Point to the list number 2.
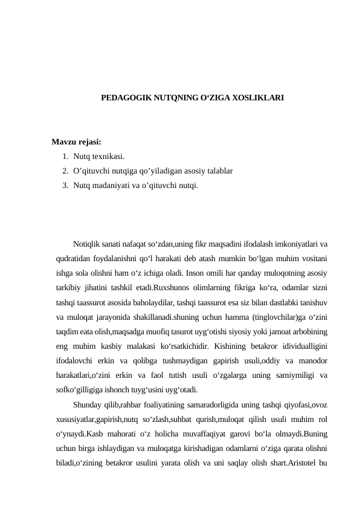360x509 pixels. click(x=64, y=170)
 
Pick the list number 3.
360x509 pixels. click(x=64, y=184)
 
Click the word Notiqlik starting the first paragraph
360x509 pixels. click(x=87, y=244)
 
